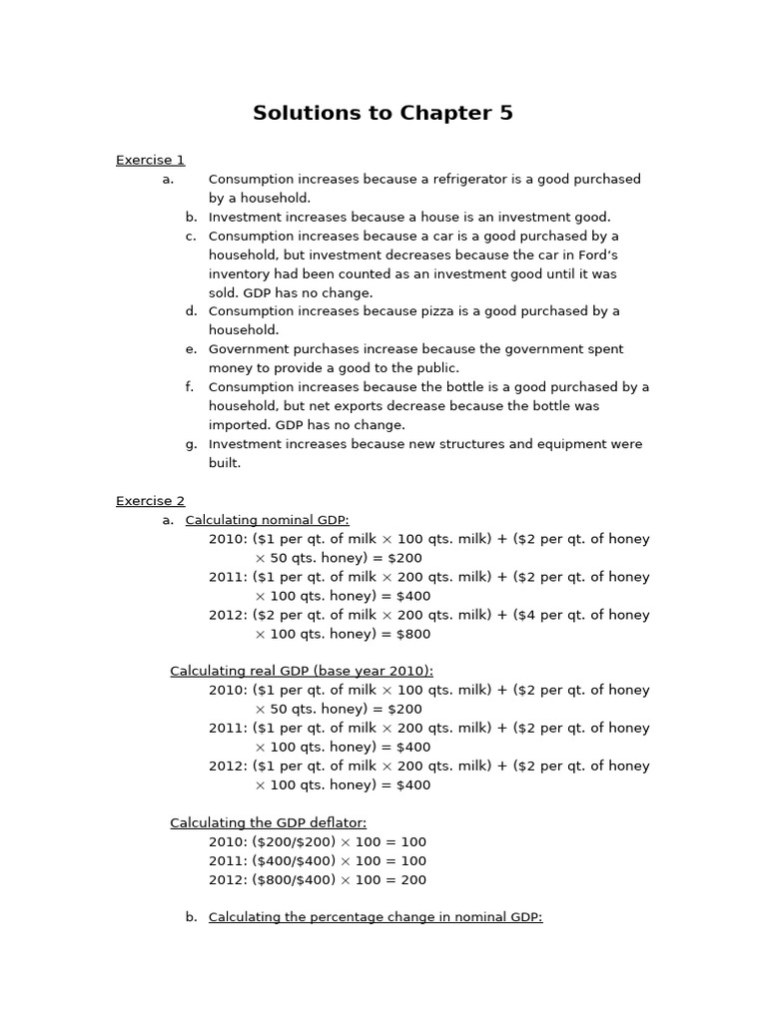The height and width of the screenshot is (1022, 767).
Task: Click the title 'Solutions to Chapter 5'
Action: coord(383,113)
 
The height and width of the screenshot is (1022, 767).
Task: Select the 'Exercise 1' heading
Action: coord(150,160)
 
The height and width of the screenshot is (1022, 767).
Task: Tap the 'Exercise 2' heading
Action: coord(150,501)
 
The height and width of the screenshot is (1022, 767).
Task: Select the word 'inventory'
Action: coord(239,273)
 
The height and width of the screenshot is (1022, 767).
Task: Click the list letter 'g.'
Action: coord(191,444)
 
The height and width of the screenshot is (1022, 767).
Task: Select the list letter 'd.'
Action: coord(191,311)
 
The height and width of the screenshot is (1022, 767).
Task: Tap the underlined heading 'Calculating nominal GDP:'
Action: coord(268,520)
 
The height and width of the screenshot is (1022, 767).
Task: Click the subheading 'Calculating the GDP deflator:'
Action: coord(268,823)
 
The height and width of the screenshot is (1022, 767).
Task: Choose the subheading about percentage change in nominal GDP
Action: coord(376,917)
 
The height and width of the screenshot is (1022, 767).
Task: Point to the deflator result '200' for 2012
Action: coord(412,880)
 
